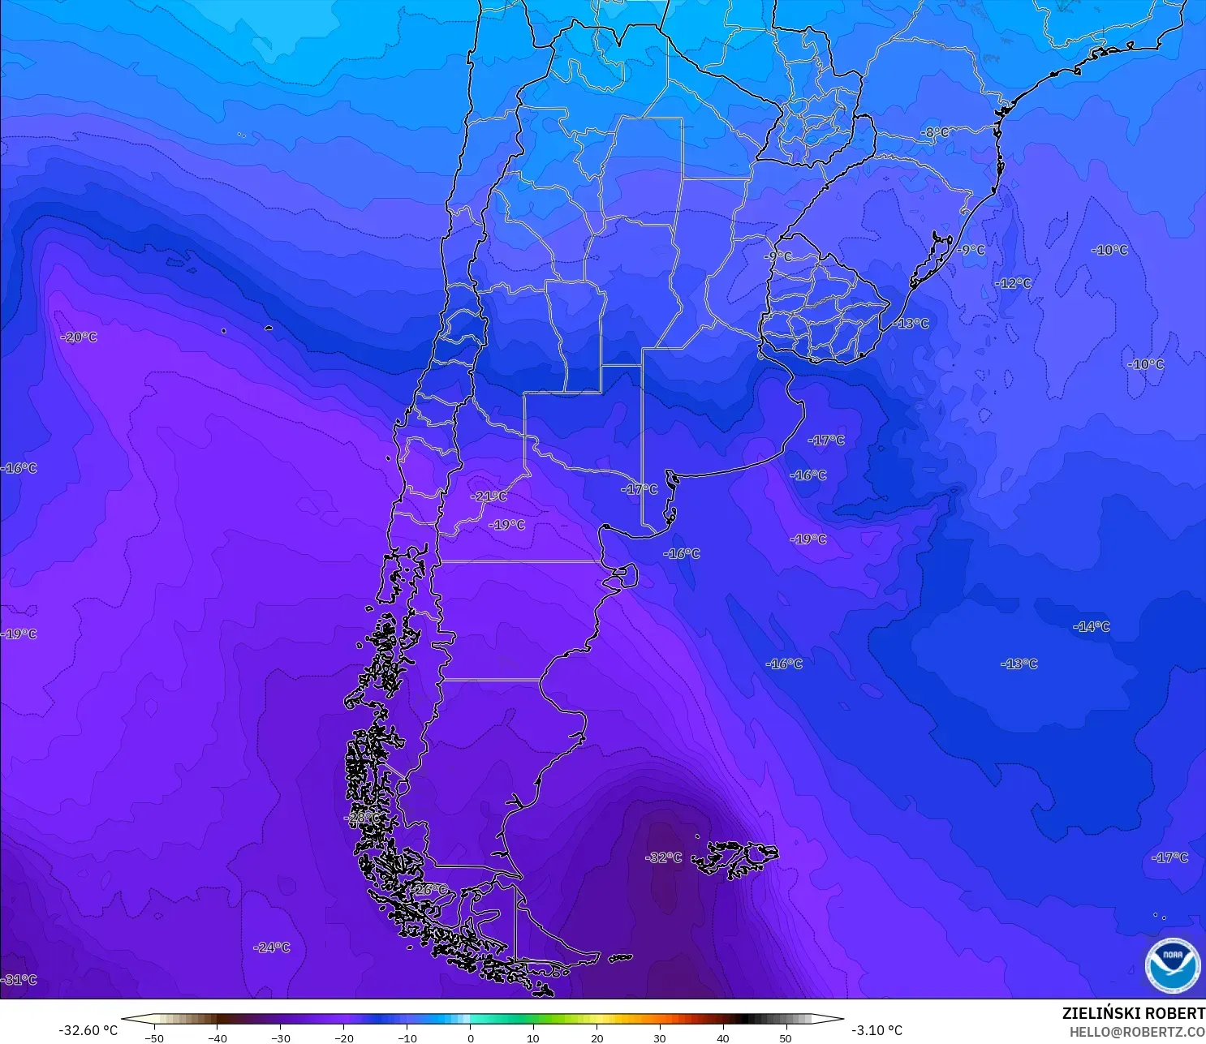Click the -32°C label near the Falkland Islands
[x=663, y=858]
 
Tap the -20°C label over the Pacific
[x=80, y=337]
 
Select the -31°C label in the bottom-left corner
[x=19, y=980]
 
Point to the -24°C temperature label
[x=271, y=947]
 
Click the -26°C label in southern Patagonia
[x=429, y=890]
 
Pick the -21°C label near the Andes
[x=489, y=496]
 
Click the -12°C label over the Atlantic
[x=1014, y=283]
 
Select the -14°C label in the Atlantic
[x=1092, y=626]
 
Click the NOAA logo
[x=1172, y=965]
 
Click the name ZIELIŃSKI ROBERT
[x=1133, y=1014]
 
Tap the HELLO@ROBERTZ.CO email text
[x=1137, y=1032]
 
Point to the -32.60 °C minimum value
[x=88, y=1030]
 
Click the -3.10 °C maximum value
[x=877, y=1030]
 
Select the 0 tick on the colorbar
[x=470, y=1038]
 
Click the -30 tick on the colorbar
[x=280, y=1038]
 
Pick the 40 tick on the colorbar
[x=723, y=1038]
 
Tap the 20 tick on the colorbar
[x=597, y=1038]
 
